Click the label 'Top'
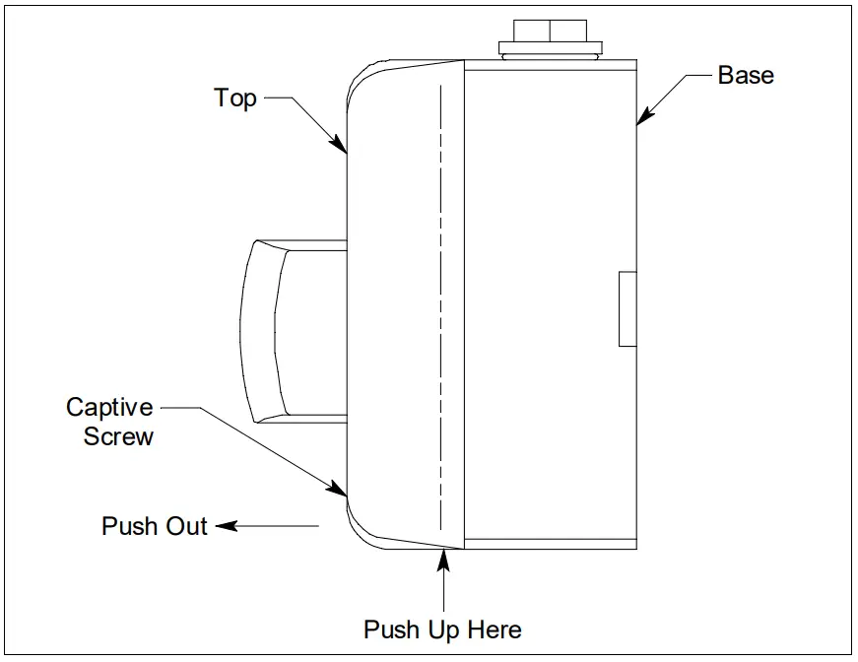point(235,98)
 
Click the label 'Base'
point(745,76)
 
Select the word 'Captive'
point(109,408)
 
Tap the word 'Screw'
point(118,436)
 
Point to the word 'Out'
point(186,526)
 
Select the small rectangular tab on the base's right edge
point(627,309)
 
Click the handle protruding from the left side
point(286,331)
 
